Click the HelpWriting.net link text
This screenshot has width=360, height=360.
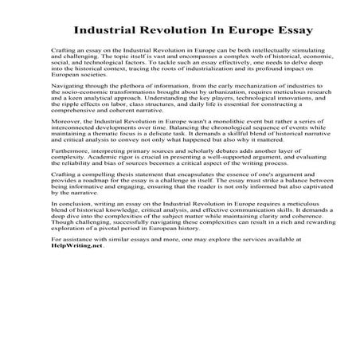[77, 332]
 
